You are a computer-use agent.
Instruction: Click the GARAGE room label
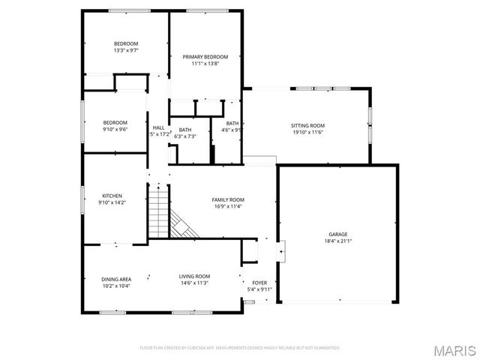coord(337,234)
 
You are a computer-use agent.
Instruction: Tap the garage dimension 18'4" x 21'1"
coord(337,241)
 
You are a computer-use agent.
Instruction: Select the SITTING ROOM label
coord(307,125)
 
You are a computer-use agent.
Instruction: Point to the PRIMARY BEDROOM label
coord(205,57)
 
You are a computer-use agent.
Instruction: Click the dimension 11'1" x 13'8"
coord(205,64)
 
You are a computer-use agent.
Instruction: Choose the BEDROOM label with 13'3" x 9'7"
coord(125,43)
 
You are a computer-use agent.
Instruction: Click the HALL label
coord(158,127)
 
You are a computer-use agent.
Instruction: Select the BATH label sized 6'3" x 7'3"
coord(184,130)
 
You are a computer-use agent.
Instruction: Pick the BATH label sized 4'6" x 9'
coord(232,124)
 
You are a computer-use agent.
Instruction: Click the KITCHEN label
coord(112,196)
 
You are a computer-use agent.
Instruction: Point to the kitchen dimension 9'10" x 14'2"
coord(112,202)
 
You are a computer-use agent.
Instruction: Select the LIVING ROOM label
coord(194,276)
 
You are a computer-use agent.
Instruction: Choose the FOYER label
coord(259,283)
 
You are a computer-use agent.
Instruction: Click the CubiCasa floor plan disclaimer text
coord(240,348)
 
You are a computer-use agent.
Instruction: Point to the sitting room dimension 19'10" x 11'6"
coord(307,133)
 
